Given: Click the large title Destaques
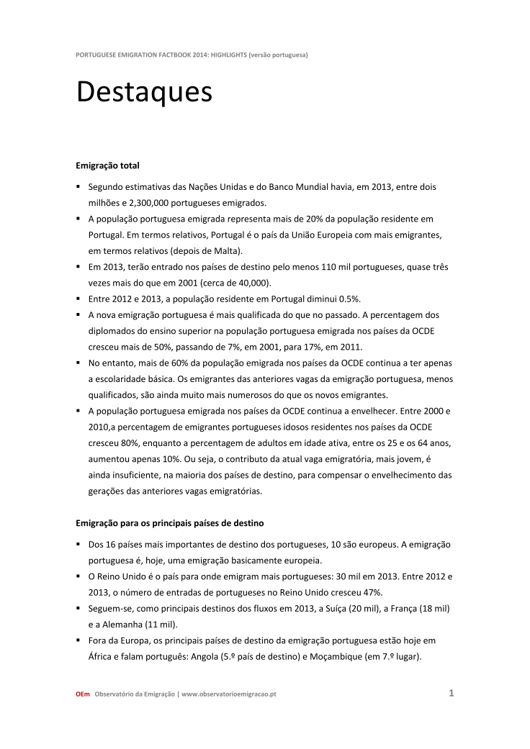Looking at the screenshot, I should click(x=144, y=93).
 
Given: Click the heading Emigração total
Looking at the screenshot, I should click(x=107, y=165).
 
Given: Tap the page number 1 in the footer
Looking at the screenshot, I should click(x=451, y=694).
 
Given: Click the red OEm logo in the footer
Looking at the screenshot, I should click(x=83, y=694).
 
